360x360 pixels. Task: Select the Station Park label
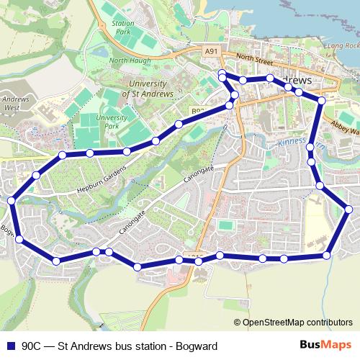pyautogui.click(x=123, y=28)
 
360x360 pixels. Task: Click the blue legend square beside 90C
pyautogui.click(x=10, y=345)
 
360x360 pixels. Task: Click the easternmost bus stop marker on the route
pyautogui.click(x=349, y=210)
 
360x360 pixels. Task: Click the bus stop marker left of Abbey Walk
pyautogui.click(x=321, y=102)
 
